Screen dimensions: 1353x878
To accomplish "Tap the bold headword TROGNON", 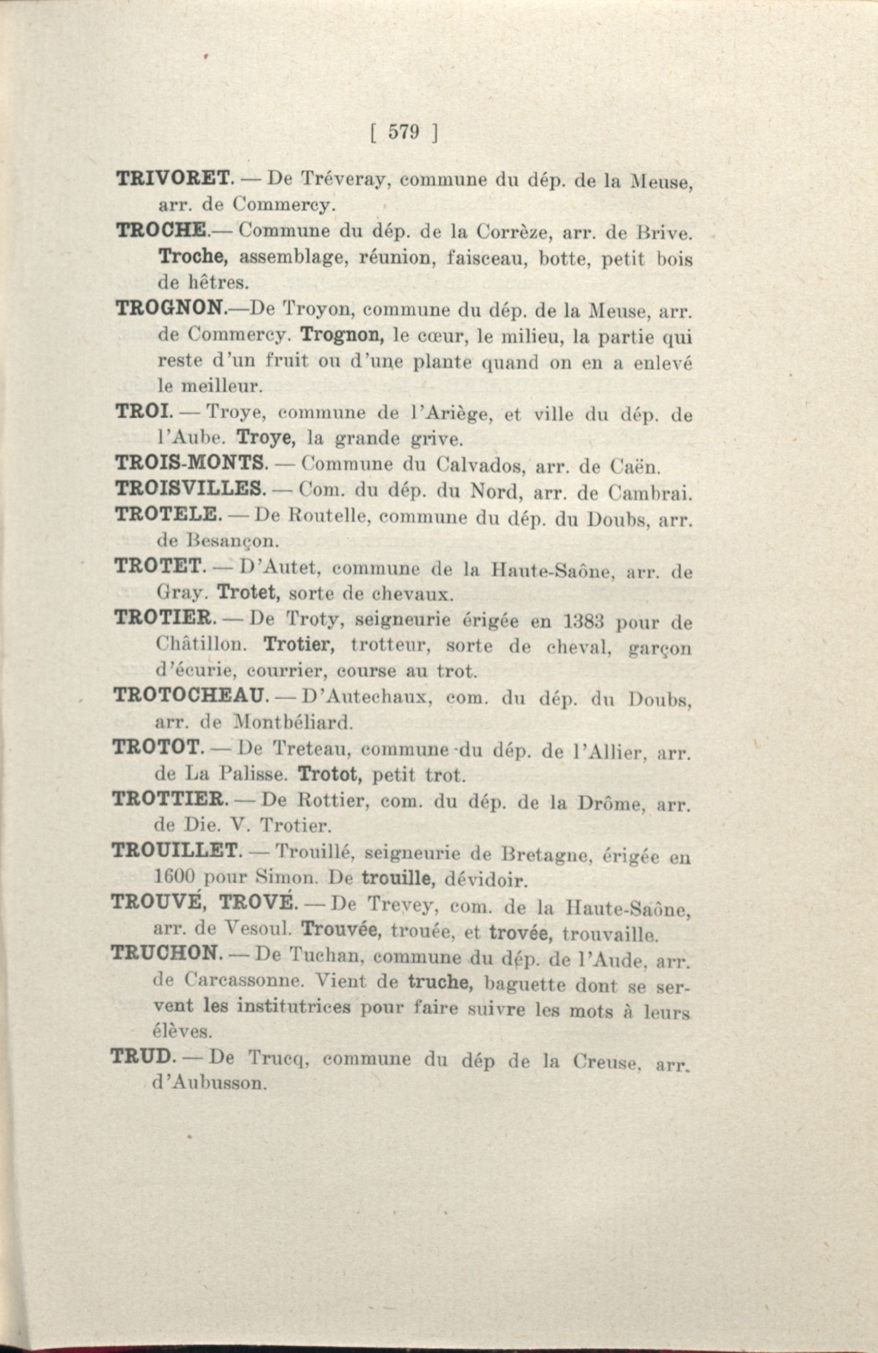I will [x=170, y=309].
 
